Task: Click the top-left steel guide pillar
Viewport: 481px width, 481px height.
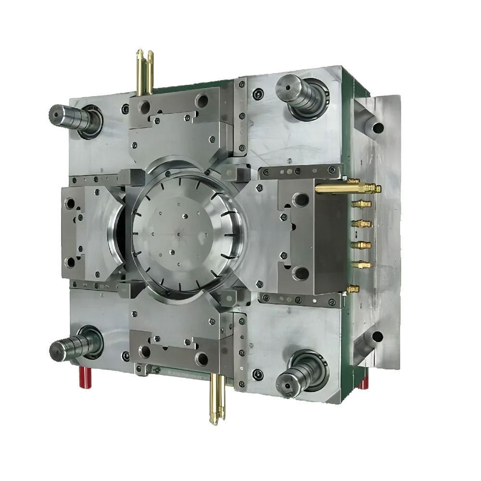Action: (72, 116)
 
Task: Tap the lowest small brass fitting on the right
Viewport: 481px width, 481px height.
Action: (353, 289)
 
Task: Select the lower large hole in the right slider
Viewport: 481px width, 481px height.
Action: (301, 273)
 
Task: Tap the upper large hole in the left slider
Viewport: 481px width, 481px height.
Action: (71, 203)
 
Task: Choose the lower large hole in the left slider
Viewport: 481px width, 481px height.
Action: (71, 262)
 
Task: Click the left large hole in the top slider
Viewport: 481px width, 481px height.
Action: (144, 107)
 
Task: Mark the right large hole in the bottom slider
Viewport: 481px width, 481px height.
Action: (202, 358)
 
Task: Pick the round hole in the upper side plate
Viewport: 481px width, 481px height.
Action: (378, 128)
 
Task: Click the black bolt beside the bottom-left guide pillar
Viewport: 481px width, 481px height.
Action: (126, 356)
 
